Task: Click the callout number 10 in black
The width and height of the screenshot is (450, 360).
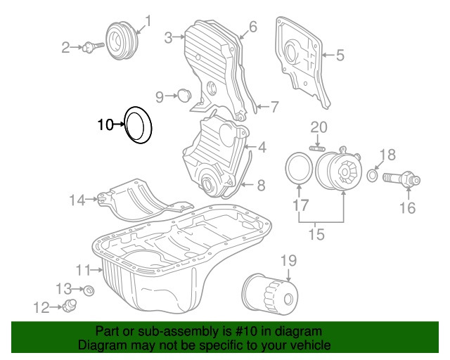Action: click(x=105, y=125)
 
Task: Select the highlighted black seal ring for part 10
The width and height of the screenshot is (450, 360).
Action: click(x=139, y=125)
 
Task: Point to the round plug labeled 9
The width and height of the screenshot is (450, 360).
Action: click(x=184, y=96)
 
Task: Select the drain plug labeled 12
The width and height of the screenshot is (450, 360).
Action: click(x=69, y=305)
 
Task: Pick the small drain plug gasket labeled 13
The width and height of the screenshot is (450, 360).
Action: click(x=89, y=289)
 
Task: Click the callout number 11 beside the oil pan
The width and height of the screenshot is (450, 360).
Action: click(x=84, y=270)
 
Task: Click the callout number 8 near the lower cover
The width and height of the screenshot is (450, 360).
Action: click(x=260, y=186)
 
